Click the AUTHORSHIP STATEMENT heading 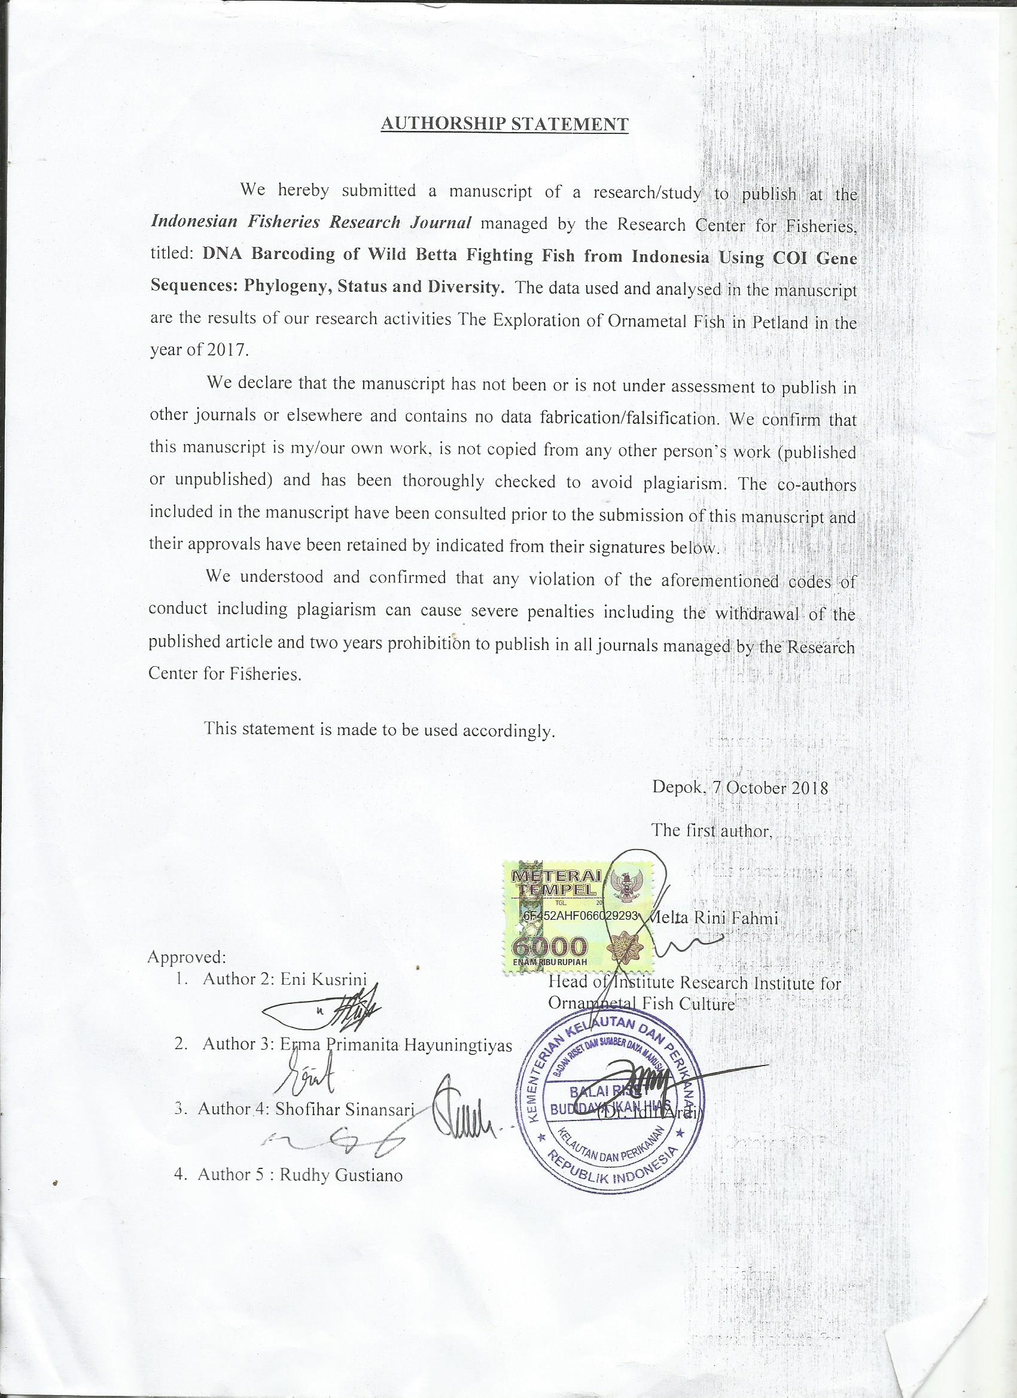pos(504,123)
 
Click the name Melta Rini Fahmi pos(715,918)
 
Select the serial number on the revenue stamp pos(580,916)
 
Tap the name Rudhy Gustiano pos(341,1176)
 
